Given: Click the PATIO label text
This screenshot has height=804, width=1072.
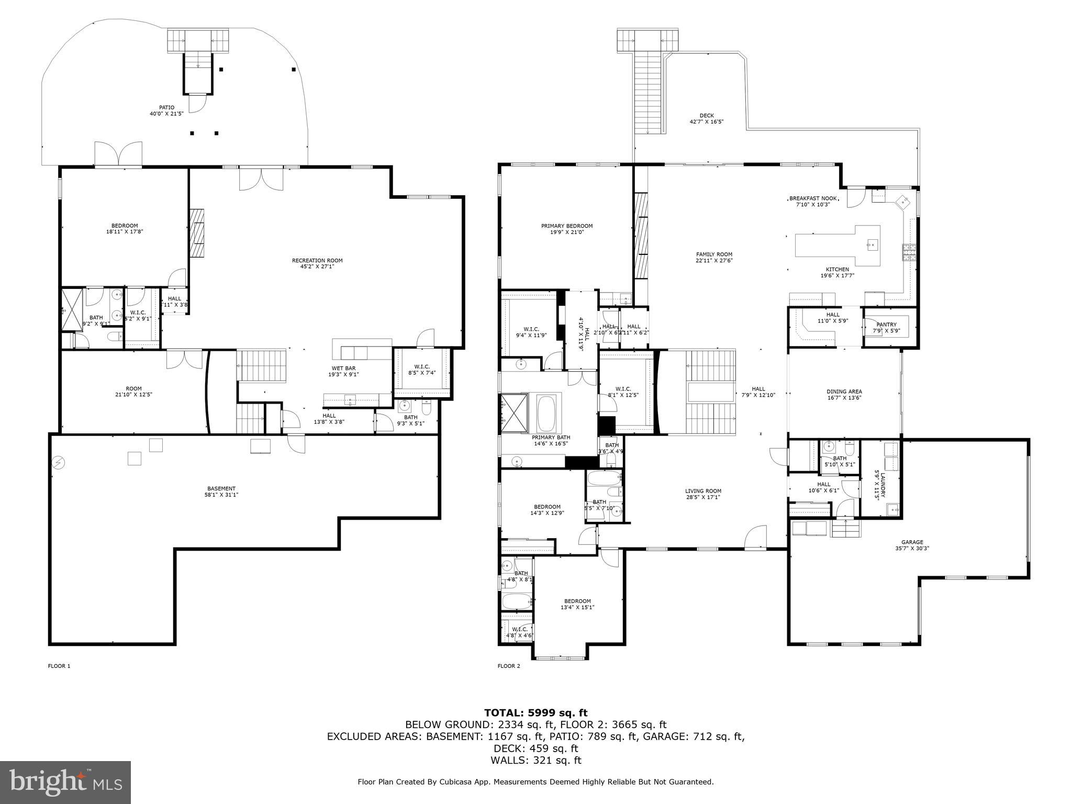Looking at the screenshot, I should click(x=167, y=107).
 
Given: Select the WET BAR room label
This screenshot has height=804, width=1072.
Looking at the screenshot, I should click(x=343, y=368).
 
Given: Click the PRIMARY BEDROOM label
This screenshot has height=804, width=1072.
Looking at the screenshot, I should click(x=567, y=226).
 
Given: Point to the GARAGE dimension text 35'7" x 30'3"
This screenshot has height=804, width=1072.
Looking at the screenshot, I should click(x=912, y=549).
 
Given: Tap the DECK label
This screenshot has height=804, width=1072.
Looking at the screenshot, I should click(x=706, y=116).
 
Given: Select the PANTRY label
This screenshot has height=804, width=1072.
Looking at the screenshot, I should click(x=886, y=325).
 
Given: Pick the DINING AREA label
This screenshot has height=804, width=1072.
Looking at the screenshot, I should click(x=844, y=392).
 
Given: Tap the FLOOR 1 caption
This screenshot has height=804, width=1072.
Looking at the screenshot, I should click(x=59, y=666).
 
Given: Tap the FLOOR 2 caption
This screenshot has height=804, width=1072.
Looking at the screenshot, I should click(x=508, y=666).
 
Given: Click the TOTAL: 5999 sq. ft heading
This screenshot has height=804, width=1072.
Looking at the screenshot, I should click(x=535, y=712).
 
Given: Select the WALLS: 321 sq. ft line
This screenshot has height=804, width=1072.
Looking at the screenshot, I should click(x=535, y=761).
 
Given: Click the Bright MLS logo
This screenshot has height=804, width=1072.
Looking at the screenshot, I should click(x=65, y=782).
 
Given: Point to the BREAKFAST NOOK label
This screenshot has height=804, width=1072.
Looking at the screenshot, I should click(x=812, y=198).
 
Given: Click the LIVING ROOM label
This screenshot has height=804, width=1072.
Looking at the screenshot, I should click(x=703, y=491).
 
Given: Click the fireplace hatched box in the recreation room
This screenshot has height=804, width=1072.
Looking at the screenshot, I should click(x=197, y=233).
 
